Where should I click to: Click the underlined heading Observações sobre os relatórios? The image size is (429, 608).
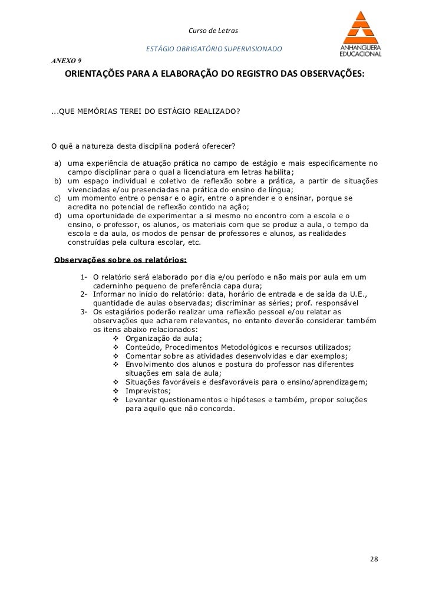click(x=120, y=259)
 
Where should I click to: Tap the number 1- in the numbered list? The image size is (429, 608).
click(x=84, y=277)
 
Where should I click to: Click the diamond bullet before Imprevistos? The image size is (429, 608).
click(x=114, y=391)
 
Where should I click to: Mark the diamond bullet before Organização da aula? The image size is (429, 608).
click(x=114, y=338)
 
